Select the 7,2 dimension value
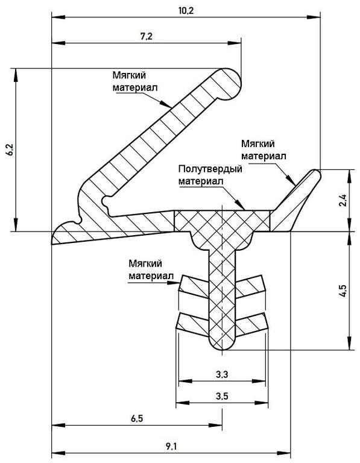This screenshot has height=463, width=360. pos(146,36)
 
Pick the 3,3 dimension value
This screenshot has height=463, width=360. pos(221,374)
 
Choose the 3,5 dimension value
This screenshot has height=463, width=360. pos(221,397)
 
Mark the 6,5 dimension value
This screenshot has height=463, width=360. pos(136,418)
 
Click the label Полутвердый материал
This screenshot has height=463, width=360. pos(210,175)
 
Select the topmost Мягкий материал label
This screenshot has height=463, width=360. pos(135,81)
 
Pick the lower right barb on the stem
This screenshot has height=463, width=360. pos(250,323)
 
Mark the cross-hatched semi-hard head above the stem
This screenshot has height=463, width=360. pos(222,221)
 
